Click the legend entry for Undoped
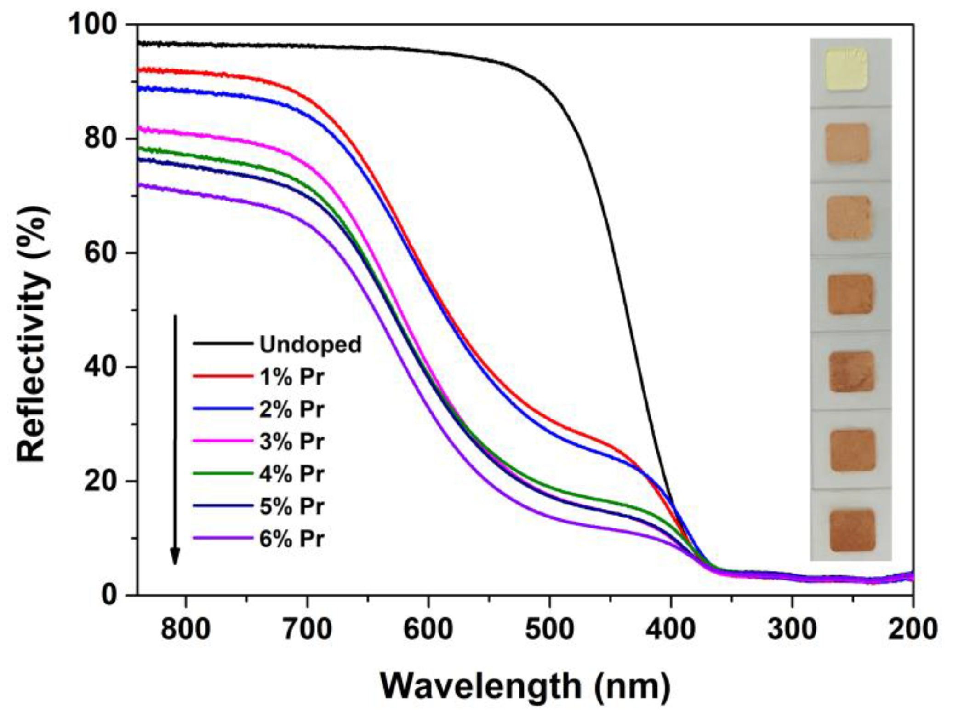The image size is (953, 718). (x=310, y=344)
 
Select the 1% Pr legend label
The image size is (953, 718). (x=291, y=377)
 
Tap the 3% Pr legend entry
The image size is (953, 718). (x=291, y=442)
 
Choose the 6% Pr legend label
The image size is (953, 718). (x=291, y=539)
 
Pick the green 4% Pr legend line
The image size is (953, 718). (x=223, y=473)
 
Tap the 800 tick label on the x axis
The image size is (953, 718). (x=186, y=628)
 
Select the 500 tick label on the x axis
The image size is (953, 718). (x=549, y=628)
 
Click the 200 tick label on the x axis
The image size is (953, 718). (x=913, y=628)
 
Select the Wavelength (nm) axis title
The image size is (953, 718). (x=525, y=686)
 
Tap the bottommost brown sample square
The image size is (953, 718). (x=852, y=530)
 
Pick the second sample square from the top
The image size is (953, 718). (x=847, y=143)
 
